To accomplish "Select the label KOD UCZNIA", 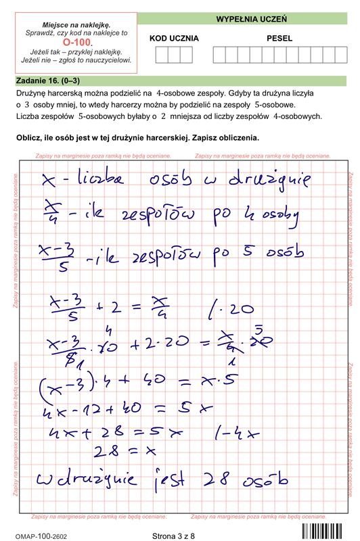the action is [174, 39].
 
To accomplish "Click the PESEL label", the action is [279, 39].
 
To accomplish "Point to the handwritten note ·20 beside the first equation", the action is [236, 310].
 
